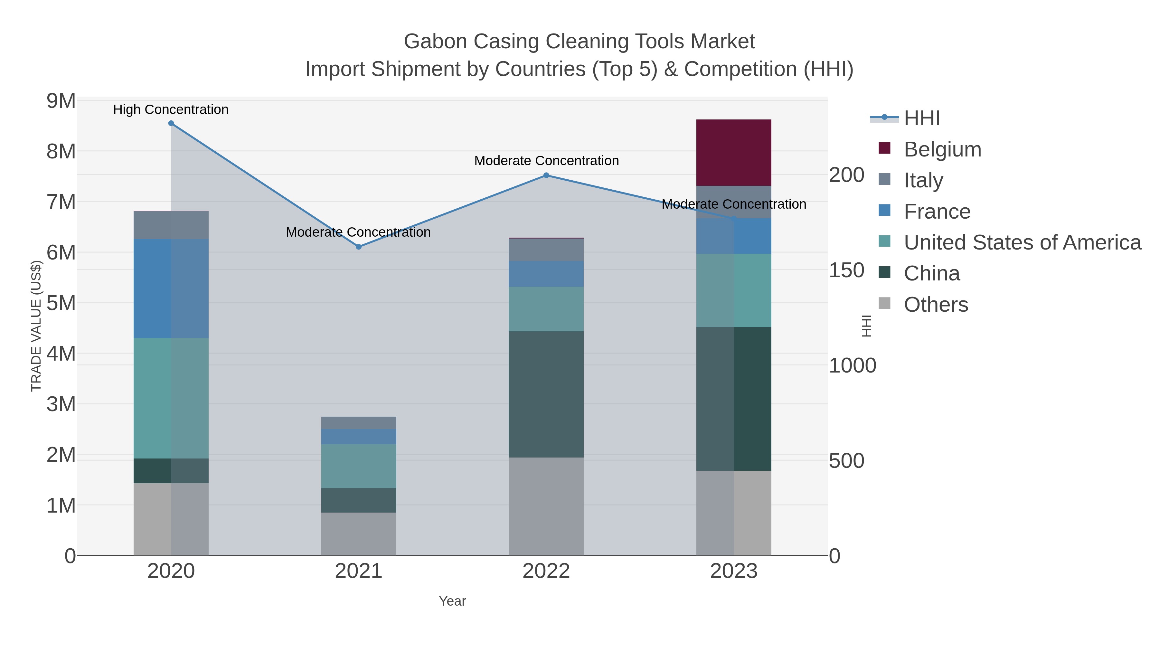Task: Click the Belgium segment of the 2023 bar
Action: tap(733, 153)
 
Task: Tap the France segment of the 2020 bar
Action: tap(171, 288)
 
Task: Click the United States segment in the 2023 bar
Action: tap(733, 290)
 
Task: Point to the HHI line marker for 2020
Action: tap(171, 123)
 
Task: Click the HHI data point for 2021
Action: tap(359, 247)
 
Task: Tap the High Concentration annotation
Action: tap(171, 109)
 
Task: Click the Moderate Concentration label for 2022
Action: tap(546, 161)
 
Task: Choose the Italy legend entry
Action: tap(923, 180)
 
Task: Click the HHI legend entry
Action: tap(921, 118)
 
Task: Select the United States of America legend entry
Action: tap(1022, 242)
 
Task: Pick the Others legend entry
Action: tap(936, 305)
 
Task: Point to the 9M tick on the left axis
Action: tap(61, 101)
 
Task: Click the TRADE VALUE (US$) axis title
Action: tap(36, 326)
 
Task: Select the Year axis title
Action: tap(452, 601)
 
